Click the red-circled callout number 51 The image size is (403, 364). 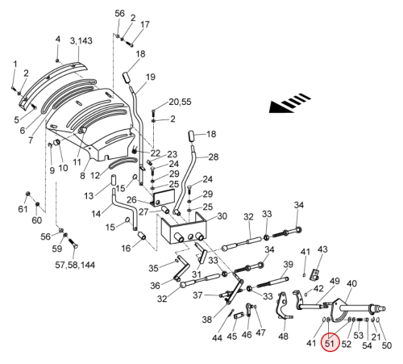pyautogui.click(x=330, y=343)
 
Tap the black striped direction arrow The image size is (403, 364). pyautogui.click(x=289, y=103)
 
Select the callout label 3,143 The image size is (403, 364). pyautogui.click(x=81, y=41)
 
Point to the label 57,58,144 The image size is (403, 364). pyautogui.click(x=75, y=265)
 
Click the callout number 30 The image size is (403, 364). pyautogui.click(x=222, y=216)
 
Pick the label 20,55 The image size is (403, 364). pyautogui.click(x=180, y=102)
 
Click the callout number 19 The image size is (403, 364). pyautogui.click(x=151, y=77)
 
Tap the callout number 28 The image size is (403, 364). pyautogui.click(x=214, y=157)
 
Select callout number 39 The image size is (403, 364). pyautogui.click(x=289, y=264)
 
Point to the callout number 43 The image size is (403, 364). pyautogui.click(x=322, y=249)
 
